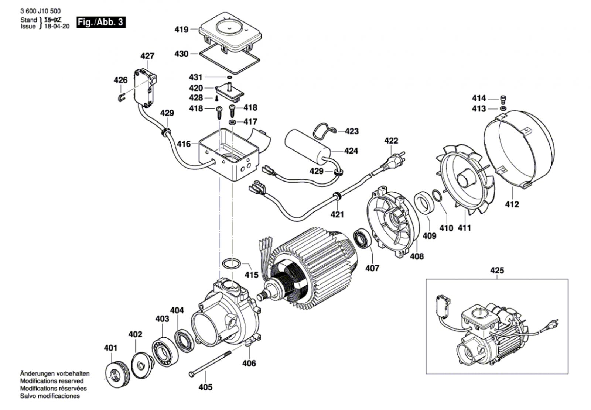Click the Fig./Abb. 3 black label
click(101, 22)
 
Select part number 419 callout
click(181, 30)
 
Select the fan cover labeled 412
click(519, 148)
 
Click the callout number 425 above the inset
click(497, 271)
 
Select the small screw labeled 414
click(503, 99)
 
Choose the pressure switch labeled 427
click(145, 89)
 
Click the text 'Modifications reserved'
click(52, 381)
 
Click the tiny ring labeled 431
click(229, 77)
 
